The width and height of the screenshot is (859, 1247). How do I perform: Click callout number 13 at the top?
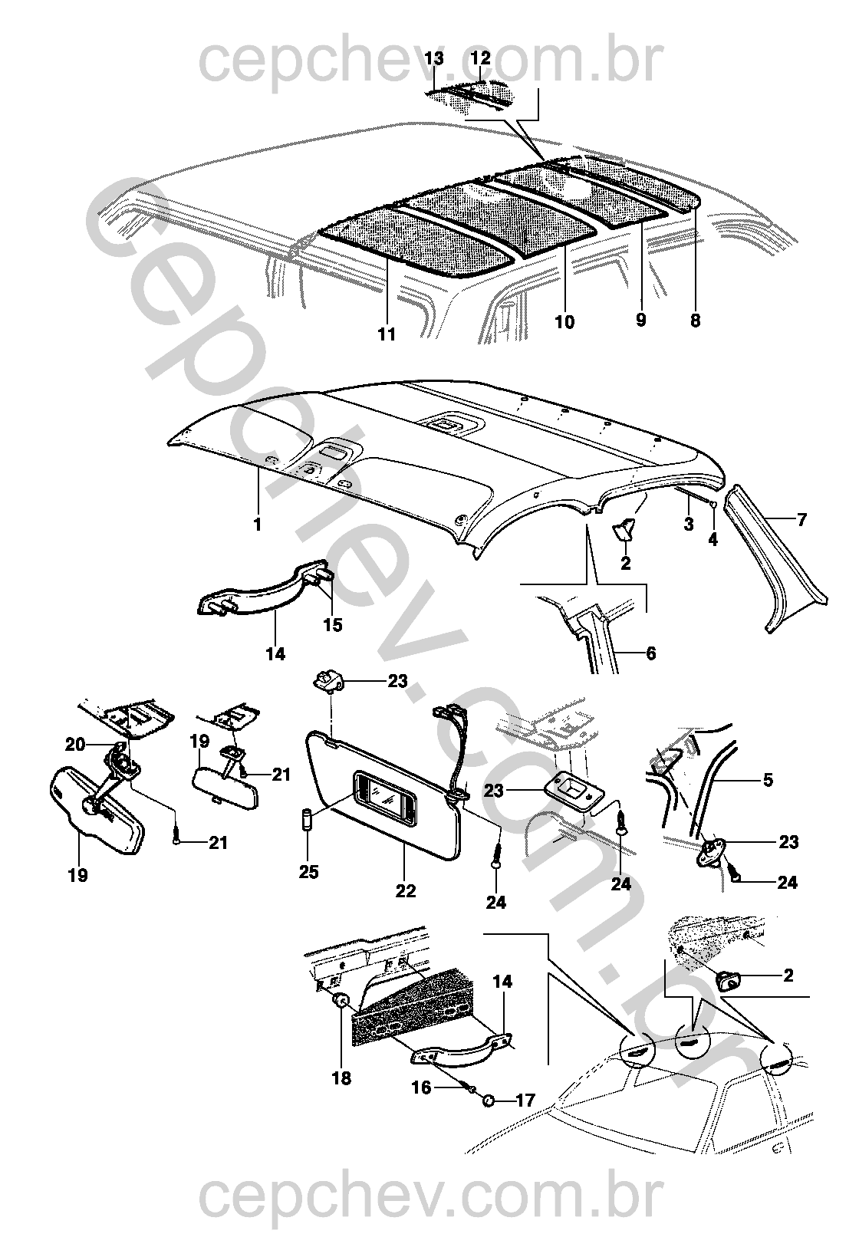click(433, 59)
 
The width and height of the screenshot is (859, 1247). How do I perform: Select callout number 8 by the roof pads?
click(695, 321)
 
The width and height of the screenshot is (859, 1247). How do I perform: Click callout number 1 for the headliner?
click(258, 525)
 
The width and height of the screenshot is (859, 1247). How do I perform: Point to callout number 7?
click(801, 521)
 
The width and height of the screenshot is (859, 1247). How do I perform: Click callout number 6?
click(651, 654)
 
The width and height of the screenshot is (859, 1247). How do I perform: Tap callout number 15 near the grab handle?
click(332, 625)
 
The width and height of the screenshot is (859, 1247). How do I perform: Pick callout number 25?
click(308, 872)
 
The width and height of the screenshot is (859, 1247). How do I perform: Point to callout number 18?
click(341, 1078)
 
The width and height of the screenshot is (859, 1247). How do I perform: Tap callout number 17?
click(525, 1101)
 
